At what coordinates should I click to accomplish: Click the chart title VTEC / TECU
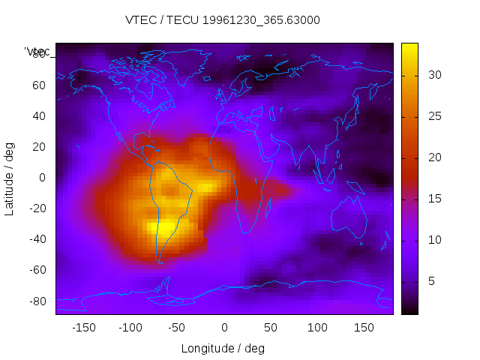coord(223,20)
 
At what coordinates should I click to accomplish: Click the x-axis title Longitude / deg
coord(223,349)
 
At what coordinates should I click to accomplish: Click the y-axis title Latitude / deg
coord(10,178)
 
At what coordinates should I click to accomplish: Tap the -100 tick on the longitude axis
coord(130,328)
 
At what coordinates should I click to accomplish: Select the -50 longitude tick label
coord(177,328)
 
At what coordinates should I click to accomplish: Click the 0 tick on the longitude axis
coord(224,328)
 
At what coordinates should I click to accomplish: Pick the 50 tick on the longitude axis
coord(271,328)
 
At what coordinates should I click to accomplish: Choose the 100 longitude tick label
coord(318,328)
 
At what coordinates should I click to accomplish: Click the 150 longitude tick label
coord(364,328)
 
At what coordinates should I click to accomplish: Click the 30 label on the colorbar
coord(433,75)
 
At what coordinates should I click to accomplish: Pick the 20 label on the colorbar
coord(433,157)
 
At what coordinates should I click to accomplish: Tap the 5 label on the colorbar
coord(430,281)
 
